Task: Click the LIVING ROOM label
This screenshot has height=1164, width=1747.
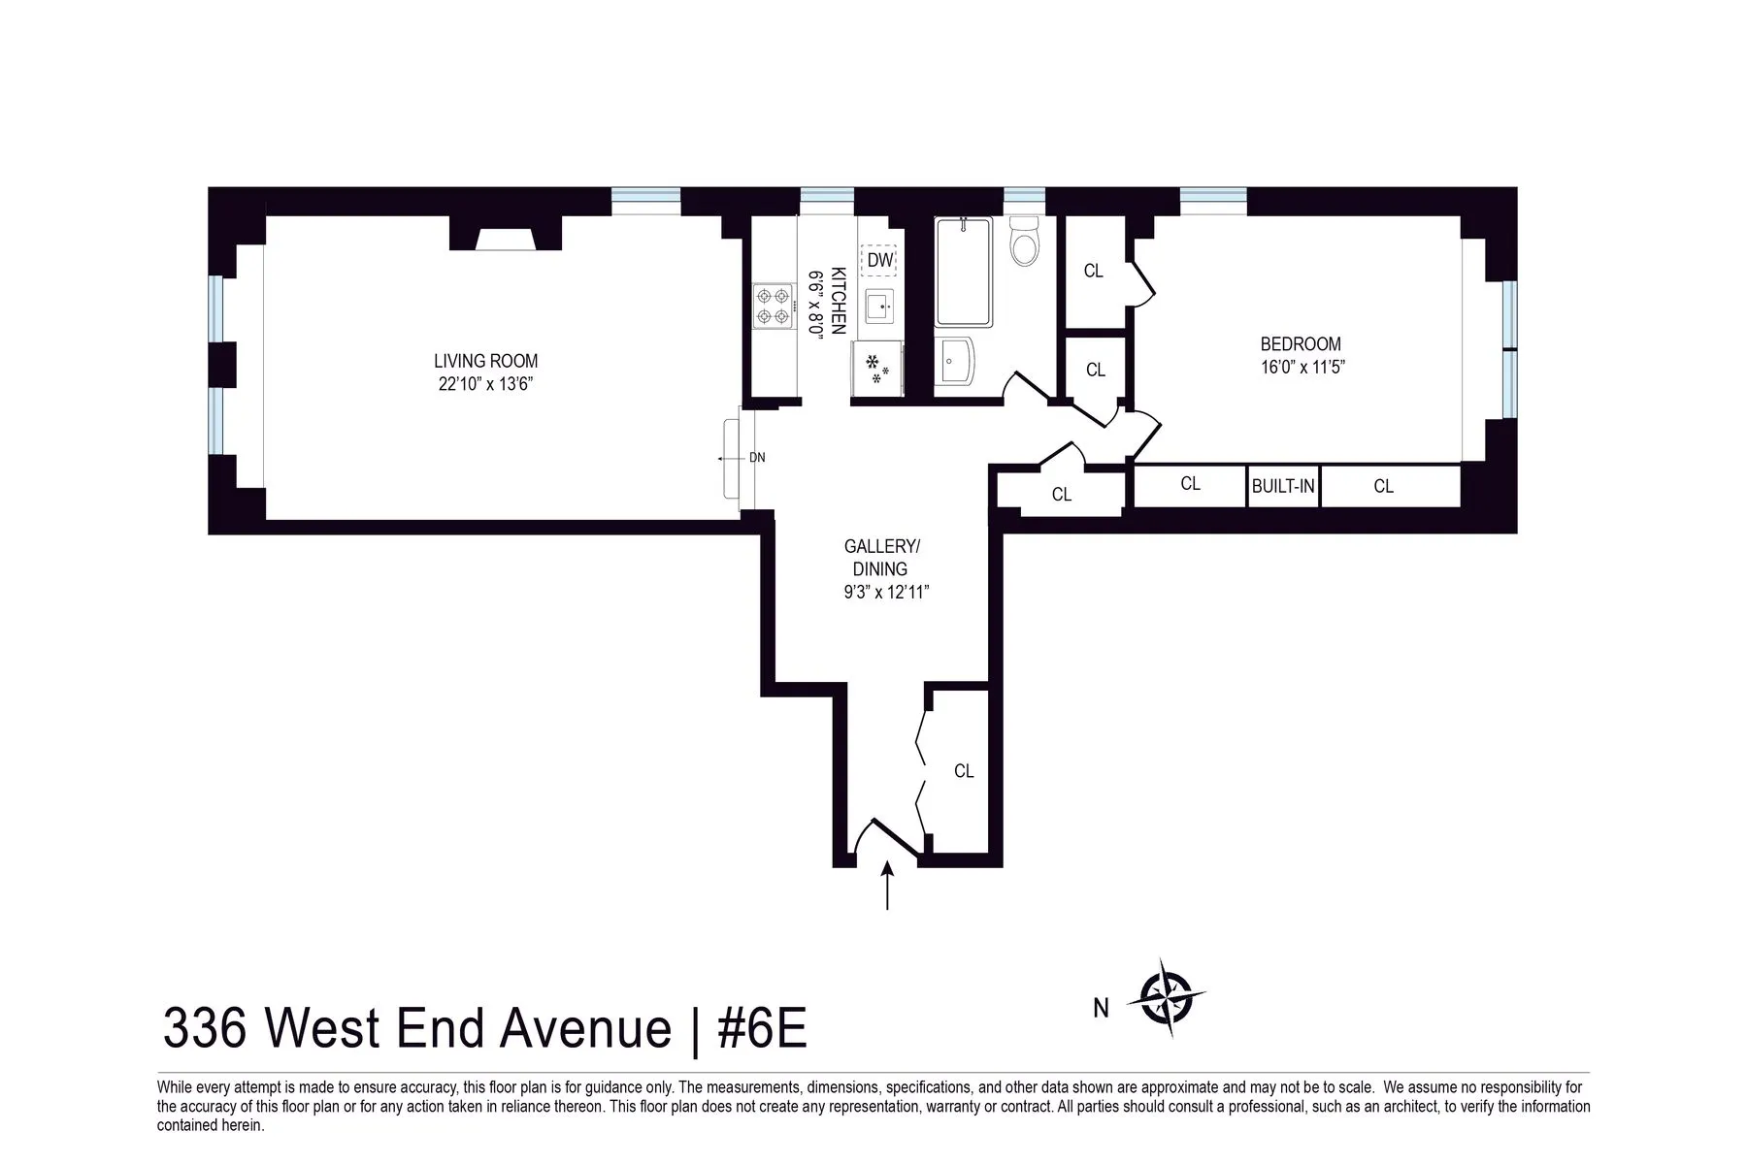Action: coord(485,361)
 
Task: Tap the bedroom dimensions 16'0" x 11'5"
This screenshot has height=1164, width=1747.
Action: coord(1301,367)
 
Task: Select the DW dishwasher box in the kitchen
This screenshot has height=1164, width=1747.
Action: coord(879,260)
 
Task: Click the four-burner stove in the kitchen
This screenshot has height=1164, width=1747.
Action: coord(774,305)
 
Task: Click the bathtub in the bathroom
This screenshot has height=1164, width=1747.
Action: coord(963,272)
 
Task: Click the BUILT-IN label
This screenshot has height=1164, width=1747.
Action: coord(1283,486)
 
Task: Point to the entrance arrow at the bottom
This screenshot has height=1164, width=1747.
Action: coord(887,885)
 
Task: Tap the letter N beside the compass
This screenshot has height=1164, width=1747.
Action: coord(1101,1009)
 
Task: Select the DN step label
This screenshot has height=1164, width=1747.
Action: coord(757,458)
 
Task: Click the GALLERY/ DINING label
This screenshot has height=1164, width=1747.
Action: coord(880,558)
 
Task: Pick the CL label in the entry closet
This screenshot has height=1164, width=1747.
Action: coord(964,771)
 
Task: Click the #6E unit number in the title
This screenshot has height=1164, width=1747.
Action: coord(762,1028)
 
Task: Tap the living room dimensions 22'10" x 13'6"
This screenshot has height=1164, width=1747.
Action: coord(485,384)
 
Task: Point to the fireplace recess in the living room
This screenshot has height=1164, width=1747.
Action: coord(505,237)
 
